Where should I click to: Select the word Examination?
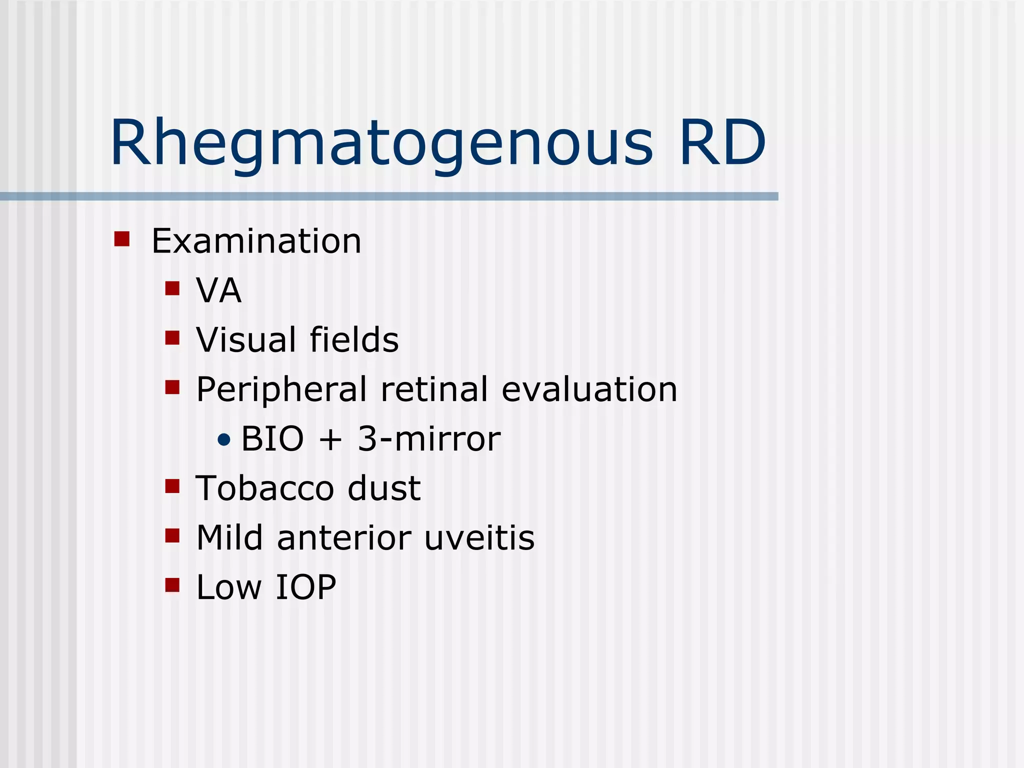pyautogui.click(x=256, y=241)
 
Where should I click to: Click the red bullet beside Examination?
pyautogui.click(x=122, y=238)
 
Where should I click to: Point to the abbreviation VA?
pyautogui.click(x=218, y=290)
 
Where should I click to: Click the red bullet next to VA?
pyautogui.click(x=172, y=288)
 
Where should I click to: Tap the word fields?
pyautogui.click(x=354, y=339)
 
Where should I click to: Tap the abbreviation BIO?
pyautogui.click(x=272, y=439)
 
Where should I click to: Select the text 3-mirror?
pyautogui.click(x=429, y=439)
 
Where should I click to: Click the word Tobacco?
pyautogui.click(x=265, y=488)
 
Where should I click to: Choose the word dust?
pyautogui.click(x=384, y=488)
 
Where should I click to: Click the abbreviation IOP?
pyautogui.click(x=305, y=587)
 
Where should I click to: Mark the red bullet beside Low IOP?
pyautogui.click(x=172, y=585)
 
